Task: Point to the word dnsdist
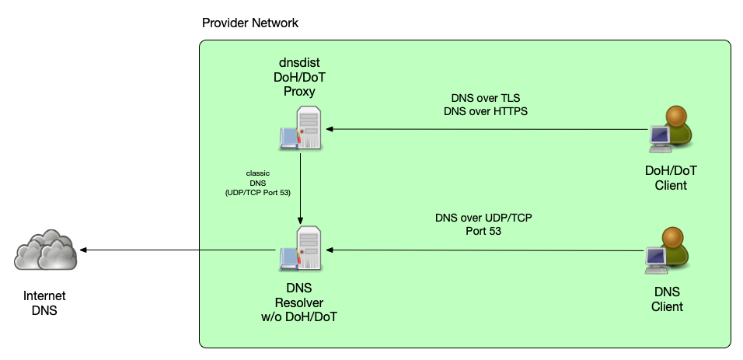(299, 62)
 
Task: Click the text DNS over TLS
(486, 98)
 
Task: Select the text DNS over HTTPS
(486, 111)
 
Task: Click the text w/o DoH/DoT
(299, 316)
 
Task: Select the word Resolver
(299, 302)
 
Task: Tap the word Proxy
(299, 91)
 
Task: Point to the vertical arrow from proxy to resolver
(300, 187)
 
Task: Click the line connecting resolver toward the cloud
(237, 250)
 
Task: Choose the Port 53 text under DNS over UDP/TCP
(483, 231)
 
